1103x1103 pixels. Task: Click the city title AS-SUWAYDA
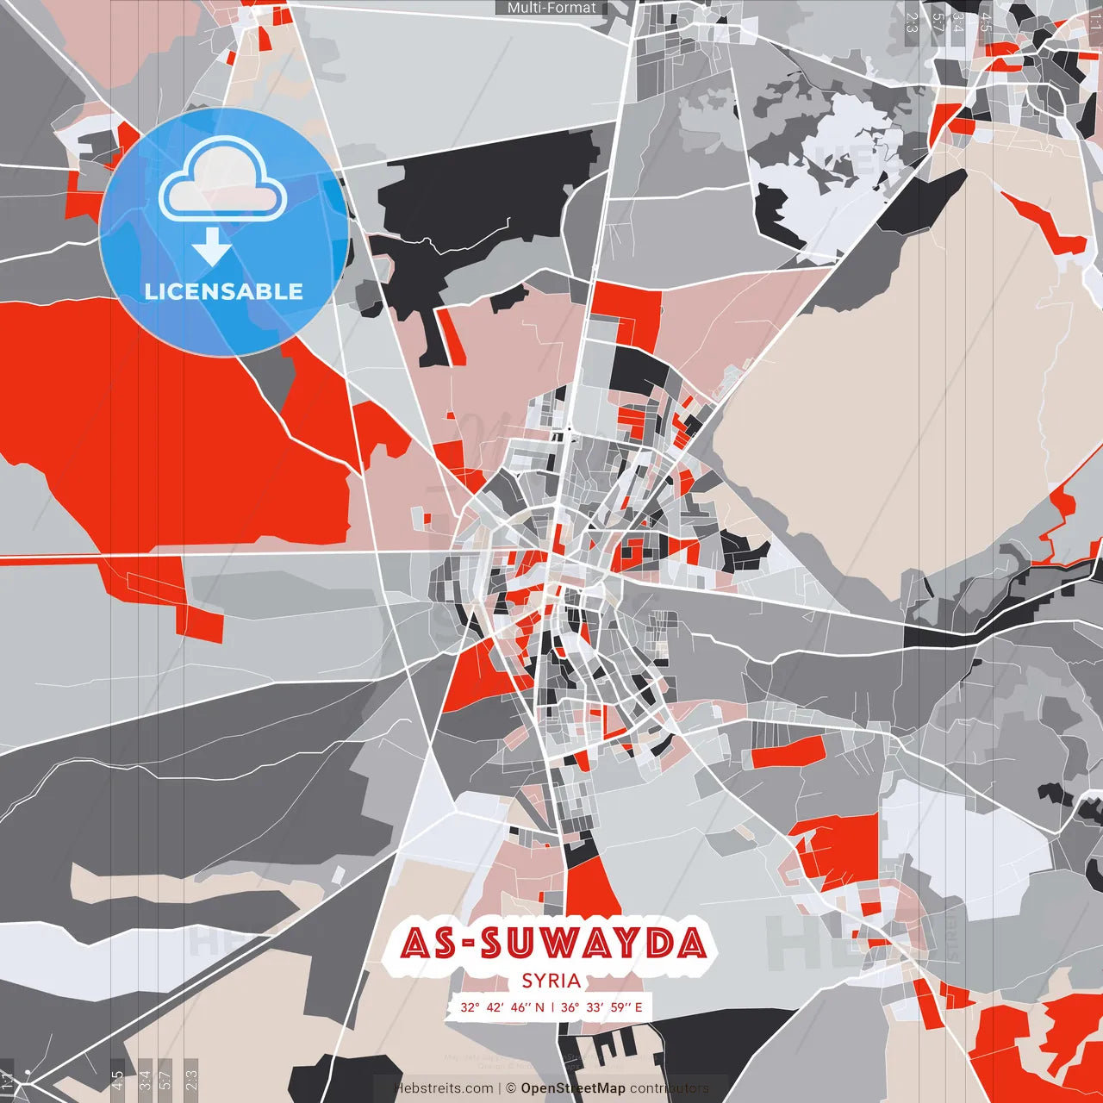tap(553, 944)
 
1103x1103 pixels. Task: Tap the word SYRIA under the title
tap(551, 981)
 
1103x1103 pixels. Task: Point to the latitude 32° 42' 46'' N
tap(502, 1006)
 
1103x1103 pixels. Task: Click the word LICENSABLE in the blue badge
tap(224, 291)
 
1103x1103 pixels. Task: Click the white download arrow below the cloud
tap(212, 248)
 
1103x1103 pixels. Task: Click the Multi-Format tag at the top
tap(551, 8)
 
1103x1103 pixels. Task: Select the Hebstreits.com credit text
tap(444, 1088)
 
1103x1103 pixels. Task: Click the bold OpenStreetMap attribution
tap(573, 1088)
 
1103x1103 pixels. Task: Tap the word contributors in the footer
tap(670, 1088)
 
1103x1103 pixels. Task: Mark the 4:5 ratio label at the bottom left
tap(117, 1080)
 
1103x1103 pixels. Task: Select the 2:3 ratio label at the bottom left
tap(191, 1080)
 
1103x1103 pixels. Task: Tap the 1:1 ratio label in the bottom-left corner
tap(7, 1080)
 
